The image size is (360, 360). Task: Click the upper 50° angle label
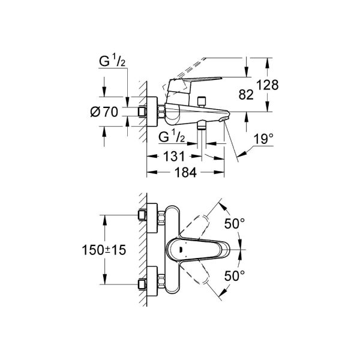coord(235,224)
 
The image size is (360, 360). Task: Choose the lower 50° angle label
coord(235,275)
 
